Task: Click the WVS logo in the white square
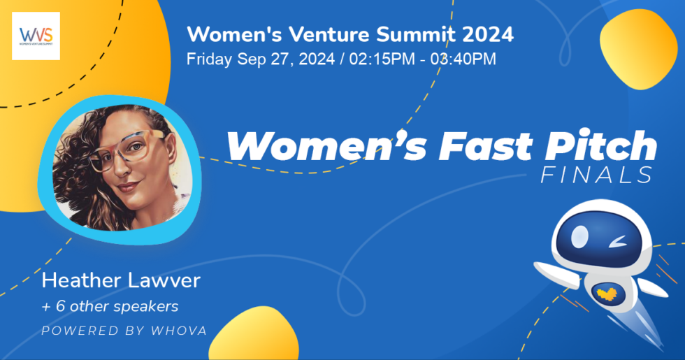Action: click(36, 36)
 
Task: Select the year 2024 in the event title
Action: click(488, 34)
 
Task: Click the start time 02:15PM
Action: click(382, 59)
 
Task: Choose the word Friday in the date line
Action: click(209, 59)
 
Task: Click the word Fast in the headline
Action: click(485, 146)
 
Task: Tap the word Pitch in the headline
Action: click(600, 145)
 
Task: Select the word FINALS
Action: click(597, 175)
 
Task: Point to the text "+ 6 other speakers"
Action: click(110, 306)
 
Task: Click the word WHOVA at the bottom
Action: click(179, 331)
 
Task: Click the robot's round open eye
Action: click(579, 237)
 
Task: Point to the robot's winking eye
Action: click(617, 241)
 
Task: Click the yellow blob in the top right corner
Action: click(639, 48)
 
